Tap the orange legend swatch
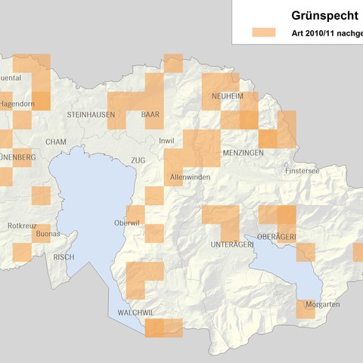[265, 33]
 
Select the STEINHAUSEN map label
[91, 114]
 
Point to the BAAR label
[150, 114]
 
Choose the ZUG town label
[137, 161]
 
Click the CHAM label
[56, 141]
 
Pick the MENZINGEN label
[243, 153]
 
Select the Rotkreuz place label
[20, 225]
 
